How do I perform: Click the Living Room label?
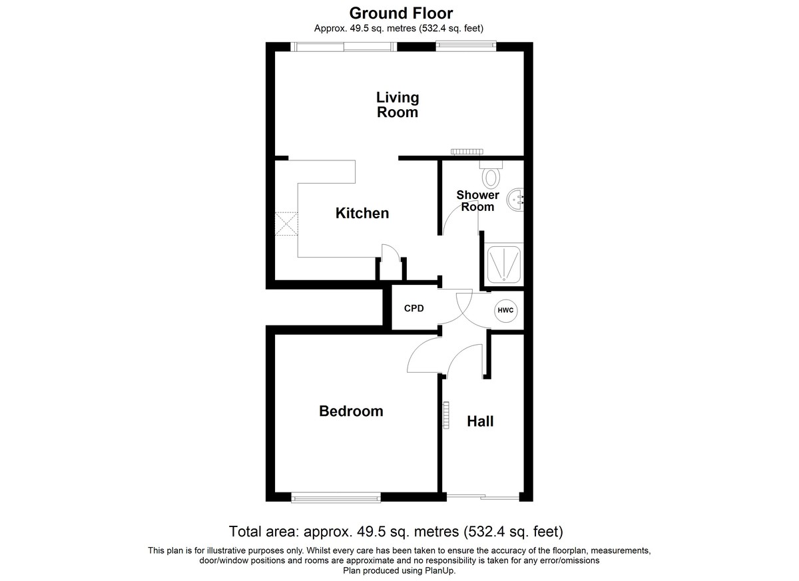point(398,104)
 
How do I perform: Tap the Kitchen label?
point(362,213)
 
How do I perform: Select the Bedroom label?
point(351,411)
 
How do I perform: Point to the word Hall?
point(480,421)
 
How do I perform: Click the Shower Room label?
point(477,201)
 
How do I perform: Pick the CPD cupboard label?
point(413,308)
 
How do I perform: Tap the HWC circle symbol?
point(506,310)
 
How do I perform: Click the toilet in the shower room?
point(491,174)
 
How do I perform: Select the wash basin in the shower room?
point(515,200)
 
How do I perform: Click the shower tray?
point(503,264)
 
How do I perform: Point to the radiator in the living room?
point(467,152)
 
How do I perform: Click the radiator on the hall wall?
point(446,415)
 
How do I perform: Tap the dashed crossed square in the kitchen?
point(286,224)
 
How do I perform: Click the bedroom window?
point(336,498)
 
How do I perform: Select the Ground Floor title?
point(401,13)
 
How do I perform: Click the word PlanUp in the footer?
point(439,570)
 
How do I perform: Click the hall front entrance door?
point(483,496)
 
